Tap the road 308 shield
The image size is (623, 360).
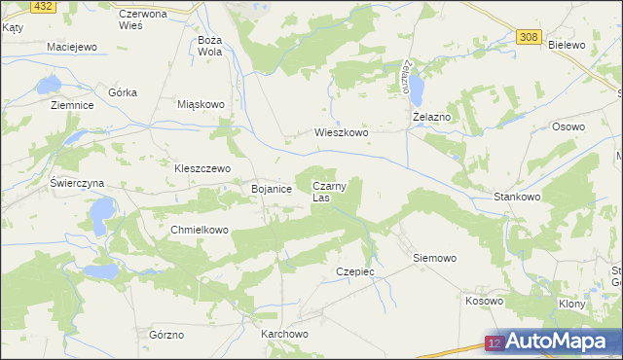click(528, 37)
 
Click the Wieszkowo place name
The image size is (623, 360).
click(341, 132)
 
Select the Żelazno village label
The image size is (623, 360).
click(431, 117)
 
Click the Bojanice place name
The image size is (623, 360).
click(272, 189)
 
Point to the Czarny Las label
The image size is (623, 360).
click(328, 191)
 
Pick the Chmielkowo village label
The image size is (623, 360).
click(199, 231)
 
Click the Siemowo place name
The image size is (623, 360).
click(434, 259)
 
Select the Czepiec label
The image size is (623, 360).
click(354, 271)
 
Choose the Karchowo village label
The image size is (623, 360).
click(284, 334)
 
